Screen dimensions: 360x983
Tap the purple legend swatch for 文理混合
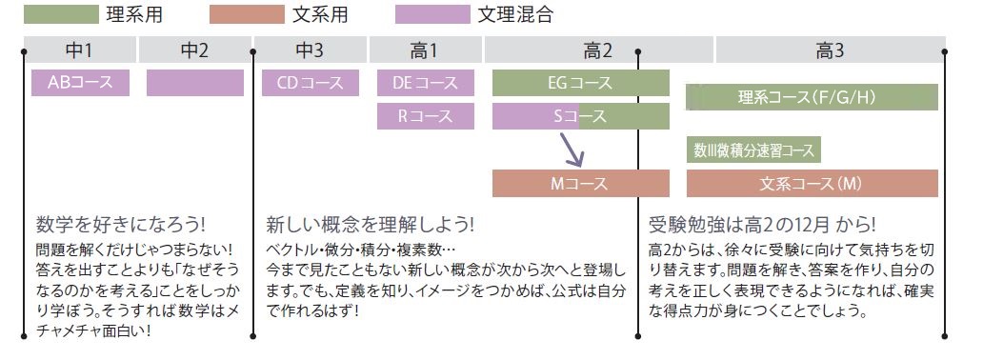pyautogui.click(x=432, y=14)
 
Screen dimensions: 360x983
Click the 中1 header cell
pyautogui.click(x=80, y=50)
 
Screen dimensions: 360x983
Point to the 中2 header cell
pyautogui.click(x=194, y=50)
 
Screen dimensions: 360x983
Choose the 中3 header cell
pyautogui.click(x=311, y=50)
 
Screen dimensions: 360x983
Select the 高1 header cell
pyautogui.click(x=426, y=50)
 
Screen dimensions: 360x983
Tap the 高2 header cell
pyautogui.click(x=598, y=50)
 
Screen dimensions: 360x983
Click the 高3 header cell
pyautogui.click(x=830, y=50)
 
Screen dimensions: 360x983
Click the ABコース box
pyautogui.click(x=80, y=83)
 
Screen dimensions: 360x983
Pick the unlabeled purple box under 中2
pyautogui.click(x=194, y=83)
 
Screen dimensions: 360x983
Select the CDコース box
pyautogui.click(x=311, y=83)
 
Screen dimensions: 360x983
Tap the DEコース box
pyautogui.click(x=426, y=83)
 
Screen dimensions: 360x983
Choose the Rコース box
pyautogui.click(x=426, y=116)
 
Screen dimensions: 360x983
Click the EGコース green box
pyautogui.click(x=580, y=83)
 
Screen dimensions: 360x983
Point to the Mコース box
pyautogui.click(x=580, y=182)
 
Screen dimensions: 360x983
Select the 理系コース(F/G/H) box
pyautogui.click(x=812, y=97)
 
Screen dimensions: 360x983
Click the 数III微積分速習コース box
pyautogui.click(x=753, y=150)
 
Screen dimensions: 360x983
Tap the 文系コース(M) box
pyautogui.click(x=812, y=182)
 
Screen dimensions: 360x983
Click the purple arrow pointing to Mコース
pyautogui.click(x=572, y=150)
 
